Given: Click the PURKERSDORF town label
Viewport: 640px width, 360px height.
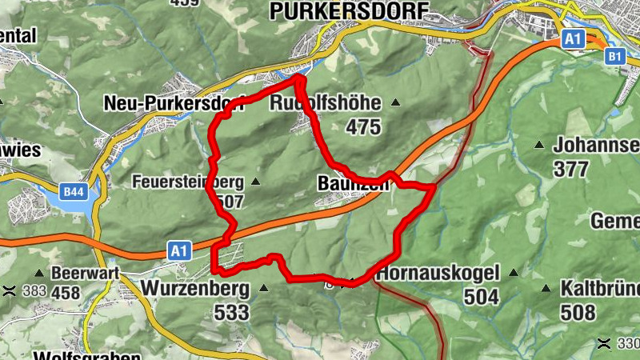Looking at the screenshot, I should point(350,10).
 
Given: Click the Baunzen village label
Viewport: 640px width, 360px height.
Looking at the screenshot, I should point(352,183).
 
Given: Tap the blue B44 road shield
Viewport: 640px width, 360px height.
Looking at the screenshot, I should point(74,192).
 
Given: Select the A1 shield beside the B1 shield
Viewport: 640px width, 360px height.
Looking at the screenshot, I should point(572,39).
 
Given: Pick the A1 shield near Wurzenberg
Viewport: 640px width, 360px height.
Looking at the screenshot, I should point(180,251).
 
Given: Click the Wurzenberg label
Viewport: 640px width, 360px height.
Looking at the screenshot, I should point(195,287).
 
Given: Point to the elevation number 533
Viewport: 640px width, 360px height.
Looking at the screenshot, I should point(231,312).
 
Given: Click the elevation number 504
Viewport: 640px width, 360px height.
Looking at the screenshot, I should point(481,298).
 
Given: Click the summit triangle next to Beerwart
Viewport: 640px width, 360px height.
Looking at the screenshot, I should point(39,273).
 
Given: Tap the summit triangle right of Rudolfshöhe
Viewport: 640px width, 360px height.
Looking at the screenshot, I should point(394,103).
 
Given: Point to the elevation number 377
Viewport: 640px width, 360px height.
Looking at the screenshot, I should point(572,169).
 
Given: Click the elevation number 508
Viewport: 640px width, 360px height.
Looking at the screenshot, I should point(578,311).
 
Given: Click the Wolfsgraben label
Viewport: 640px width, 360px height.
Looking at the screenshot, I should point(87,355).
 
